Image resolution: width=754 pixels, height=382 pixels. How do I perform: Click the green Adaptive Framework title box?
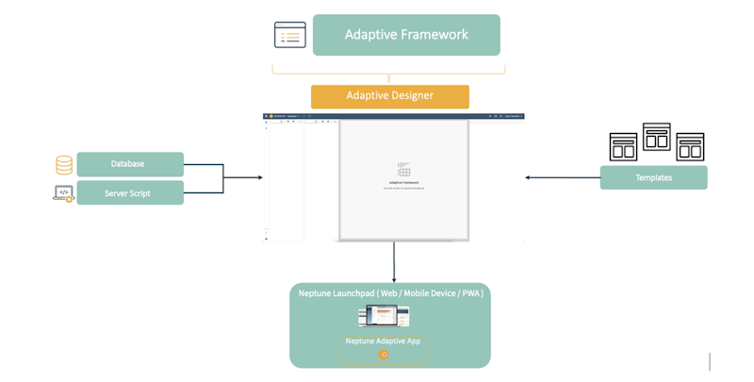click(406, 35)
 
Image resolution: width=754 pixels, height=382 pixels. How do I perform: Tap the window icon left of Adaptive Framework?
click(289, 35)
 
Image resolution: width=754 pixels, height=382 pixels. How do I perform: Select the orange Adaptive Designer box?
click(389, 96)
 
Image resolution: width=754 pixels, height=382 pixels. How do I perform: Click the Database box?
click(130, 164)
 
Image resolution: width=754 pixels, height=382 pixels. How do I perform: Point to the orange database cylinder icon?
click(64, 165)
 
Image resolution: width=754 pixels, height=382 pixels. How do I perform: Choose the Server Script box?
click(130, 193)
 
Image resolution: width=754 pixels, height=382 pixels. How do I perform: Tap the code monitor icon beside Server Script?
click(63, 193)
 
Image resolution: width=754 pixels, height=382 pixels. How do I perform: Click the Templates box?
click(653, 177)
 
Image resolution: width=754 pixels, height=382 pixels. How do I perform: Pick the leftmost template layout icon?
click(623, 147)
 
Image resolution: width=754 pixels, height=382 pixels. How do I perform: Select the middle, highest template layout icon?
click(656, 137)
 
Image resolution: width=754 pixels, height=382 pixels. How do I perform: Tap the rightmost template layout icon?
click(690, 147)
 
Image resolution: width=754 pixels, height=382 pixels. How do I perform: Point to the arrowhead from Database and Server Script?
click(259, 177)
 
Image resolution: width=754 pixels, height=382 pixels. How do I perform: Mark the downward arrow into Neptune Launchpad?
click(394, 275)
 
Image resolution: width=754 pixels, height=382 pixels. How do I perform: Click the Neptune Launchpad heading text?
click(390, 293)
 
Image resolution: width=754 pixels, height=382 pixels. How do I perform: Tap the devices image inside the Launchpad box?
click(384, 317)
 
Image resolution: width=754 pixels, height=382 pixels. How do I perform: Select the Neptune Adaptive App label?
click(383, 340)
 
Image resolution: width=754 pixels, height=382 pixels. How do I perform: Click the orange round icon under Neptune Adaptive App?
click(384, 355)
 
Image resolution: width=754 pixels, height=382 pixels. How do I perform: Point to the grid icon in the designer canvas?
click(403, 170)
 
